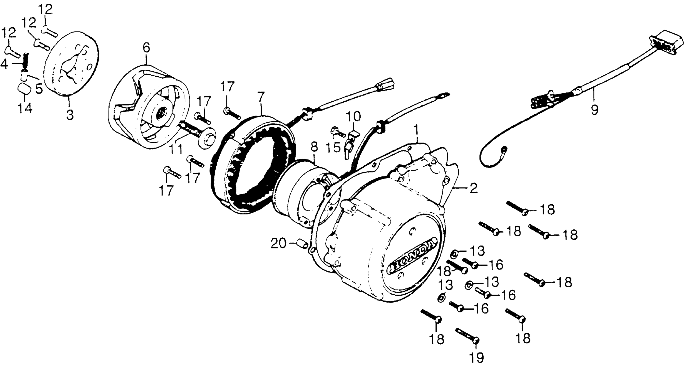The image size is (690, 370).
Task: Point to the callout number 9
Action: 594,109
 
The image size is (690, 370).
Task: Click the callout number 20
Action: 279,244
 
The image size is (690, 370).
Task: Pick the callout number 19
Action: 477,357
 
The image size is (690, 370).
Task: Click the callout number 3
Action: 70,115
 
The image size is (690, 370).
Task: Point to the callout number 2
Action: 473,189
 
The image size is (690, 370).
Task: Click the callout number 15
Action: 333,147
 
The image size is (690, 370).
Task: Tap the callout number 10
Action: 353,117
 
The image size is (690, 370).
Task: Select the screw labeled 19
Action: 467,335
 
